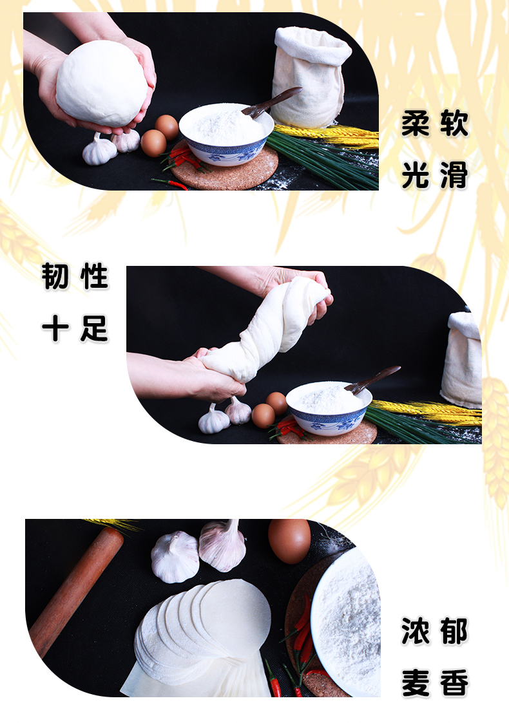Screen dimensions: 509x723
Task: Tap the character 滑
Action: pyautogui.click(x=454, y=175)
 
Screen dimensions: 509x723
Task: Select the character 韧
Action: pyautogui.click(x=55, y=276)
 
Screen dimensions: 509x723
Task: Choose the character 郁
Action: pyautogui.click(x=454, y=631)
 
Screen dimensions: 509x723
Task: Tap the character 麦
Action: pyautogui.click(x=416, y=682)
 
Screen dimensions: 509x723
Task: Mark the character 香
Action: pyautogui.click(x=454, y=682)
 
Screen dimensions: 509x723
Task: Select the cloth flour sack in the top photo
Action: pyautogui.click(x=310, y=76)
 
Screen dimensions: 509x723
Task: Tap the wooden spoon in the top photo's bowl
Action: pyautogui.click(x=271, y=102)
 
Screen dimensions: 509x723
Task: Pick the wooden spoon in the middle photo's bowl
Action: pyautogui.click(x=372, y=379)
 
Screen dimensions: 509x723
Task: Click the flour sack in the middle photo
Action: pyautogui.click(x=461, y=360)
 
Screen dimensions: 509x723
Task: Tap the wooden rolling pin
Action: pyautogui.click(x=75, y=592)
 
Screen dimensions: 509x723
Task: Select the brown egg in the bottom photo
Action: pyautogui.click(x=289, y=540)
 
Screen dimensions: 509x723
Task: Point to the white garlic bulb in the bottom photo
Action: pyautogui.click(x=175, y=556)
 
